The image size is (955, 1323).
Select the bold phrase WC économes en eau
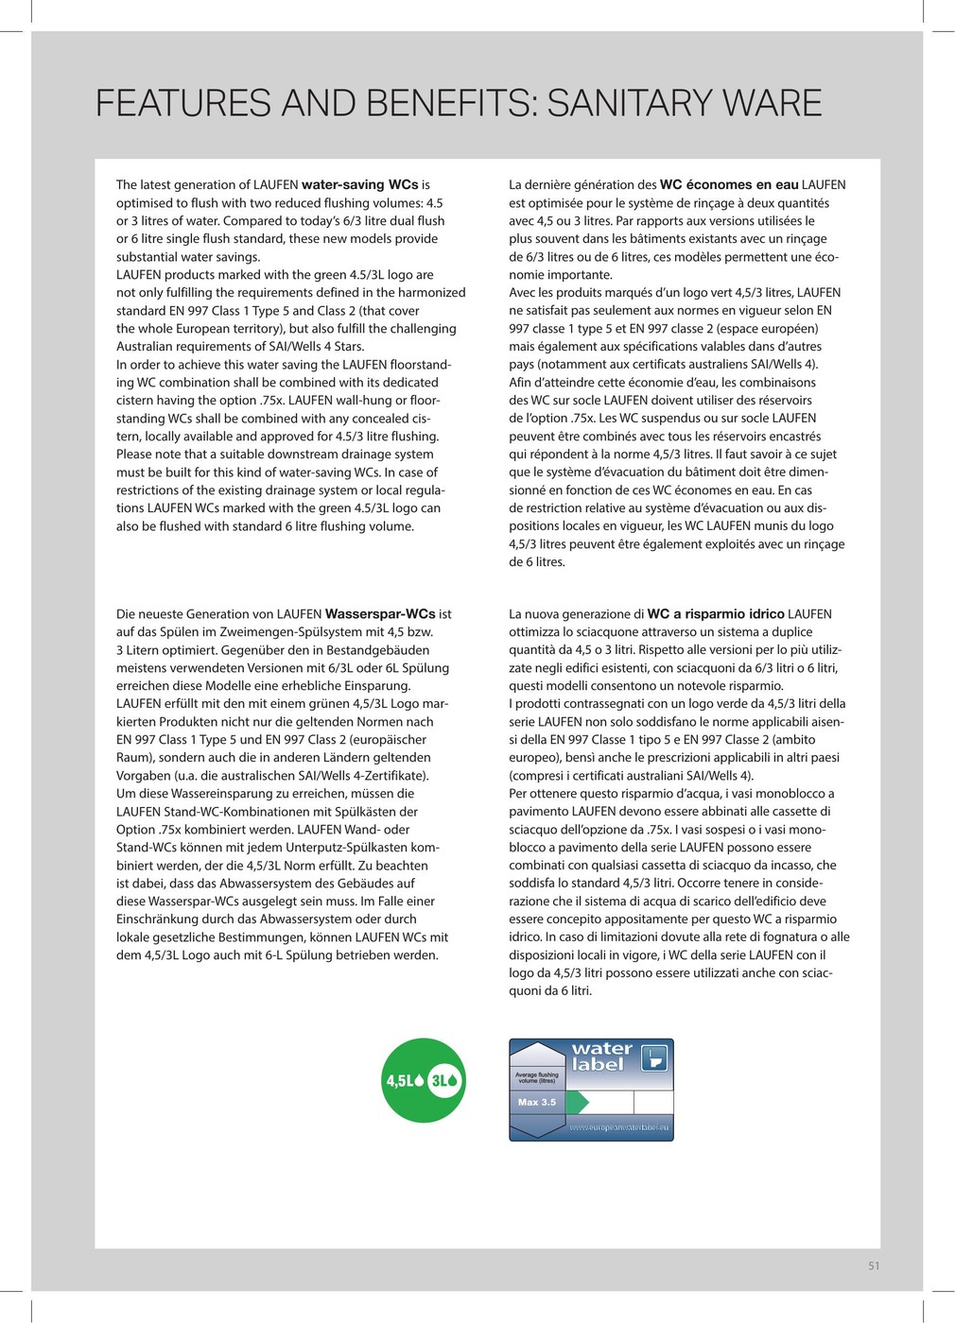(x=729, y=185)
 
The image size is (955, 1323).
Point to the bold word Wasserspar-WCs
(x=379, y=614)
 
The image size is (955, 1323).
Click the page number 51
(x=874, y=1266)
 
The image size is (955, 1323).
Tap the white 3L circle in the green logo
(x=444, y=1080)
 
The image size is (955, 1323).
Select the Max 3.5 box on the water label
(x=537, y=1102)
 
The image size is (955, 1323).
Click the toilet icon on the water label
(x=653, y=1058)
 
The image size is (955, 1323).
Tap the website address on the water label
(x=618, y=1127)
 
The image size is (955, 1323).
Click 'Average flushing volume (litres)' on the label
(x=537, y=1076)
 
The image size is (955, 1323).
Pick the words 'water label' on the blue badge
(x=601, y=1057)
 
